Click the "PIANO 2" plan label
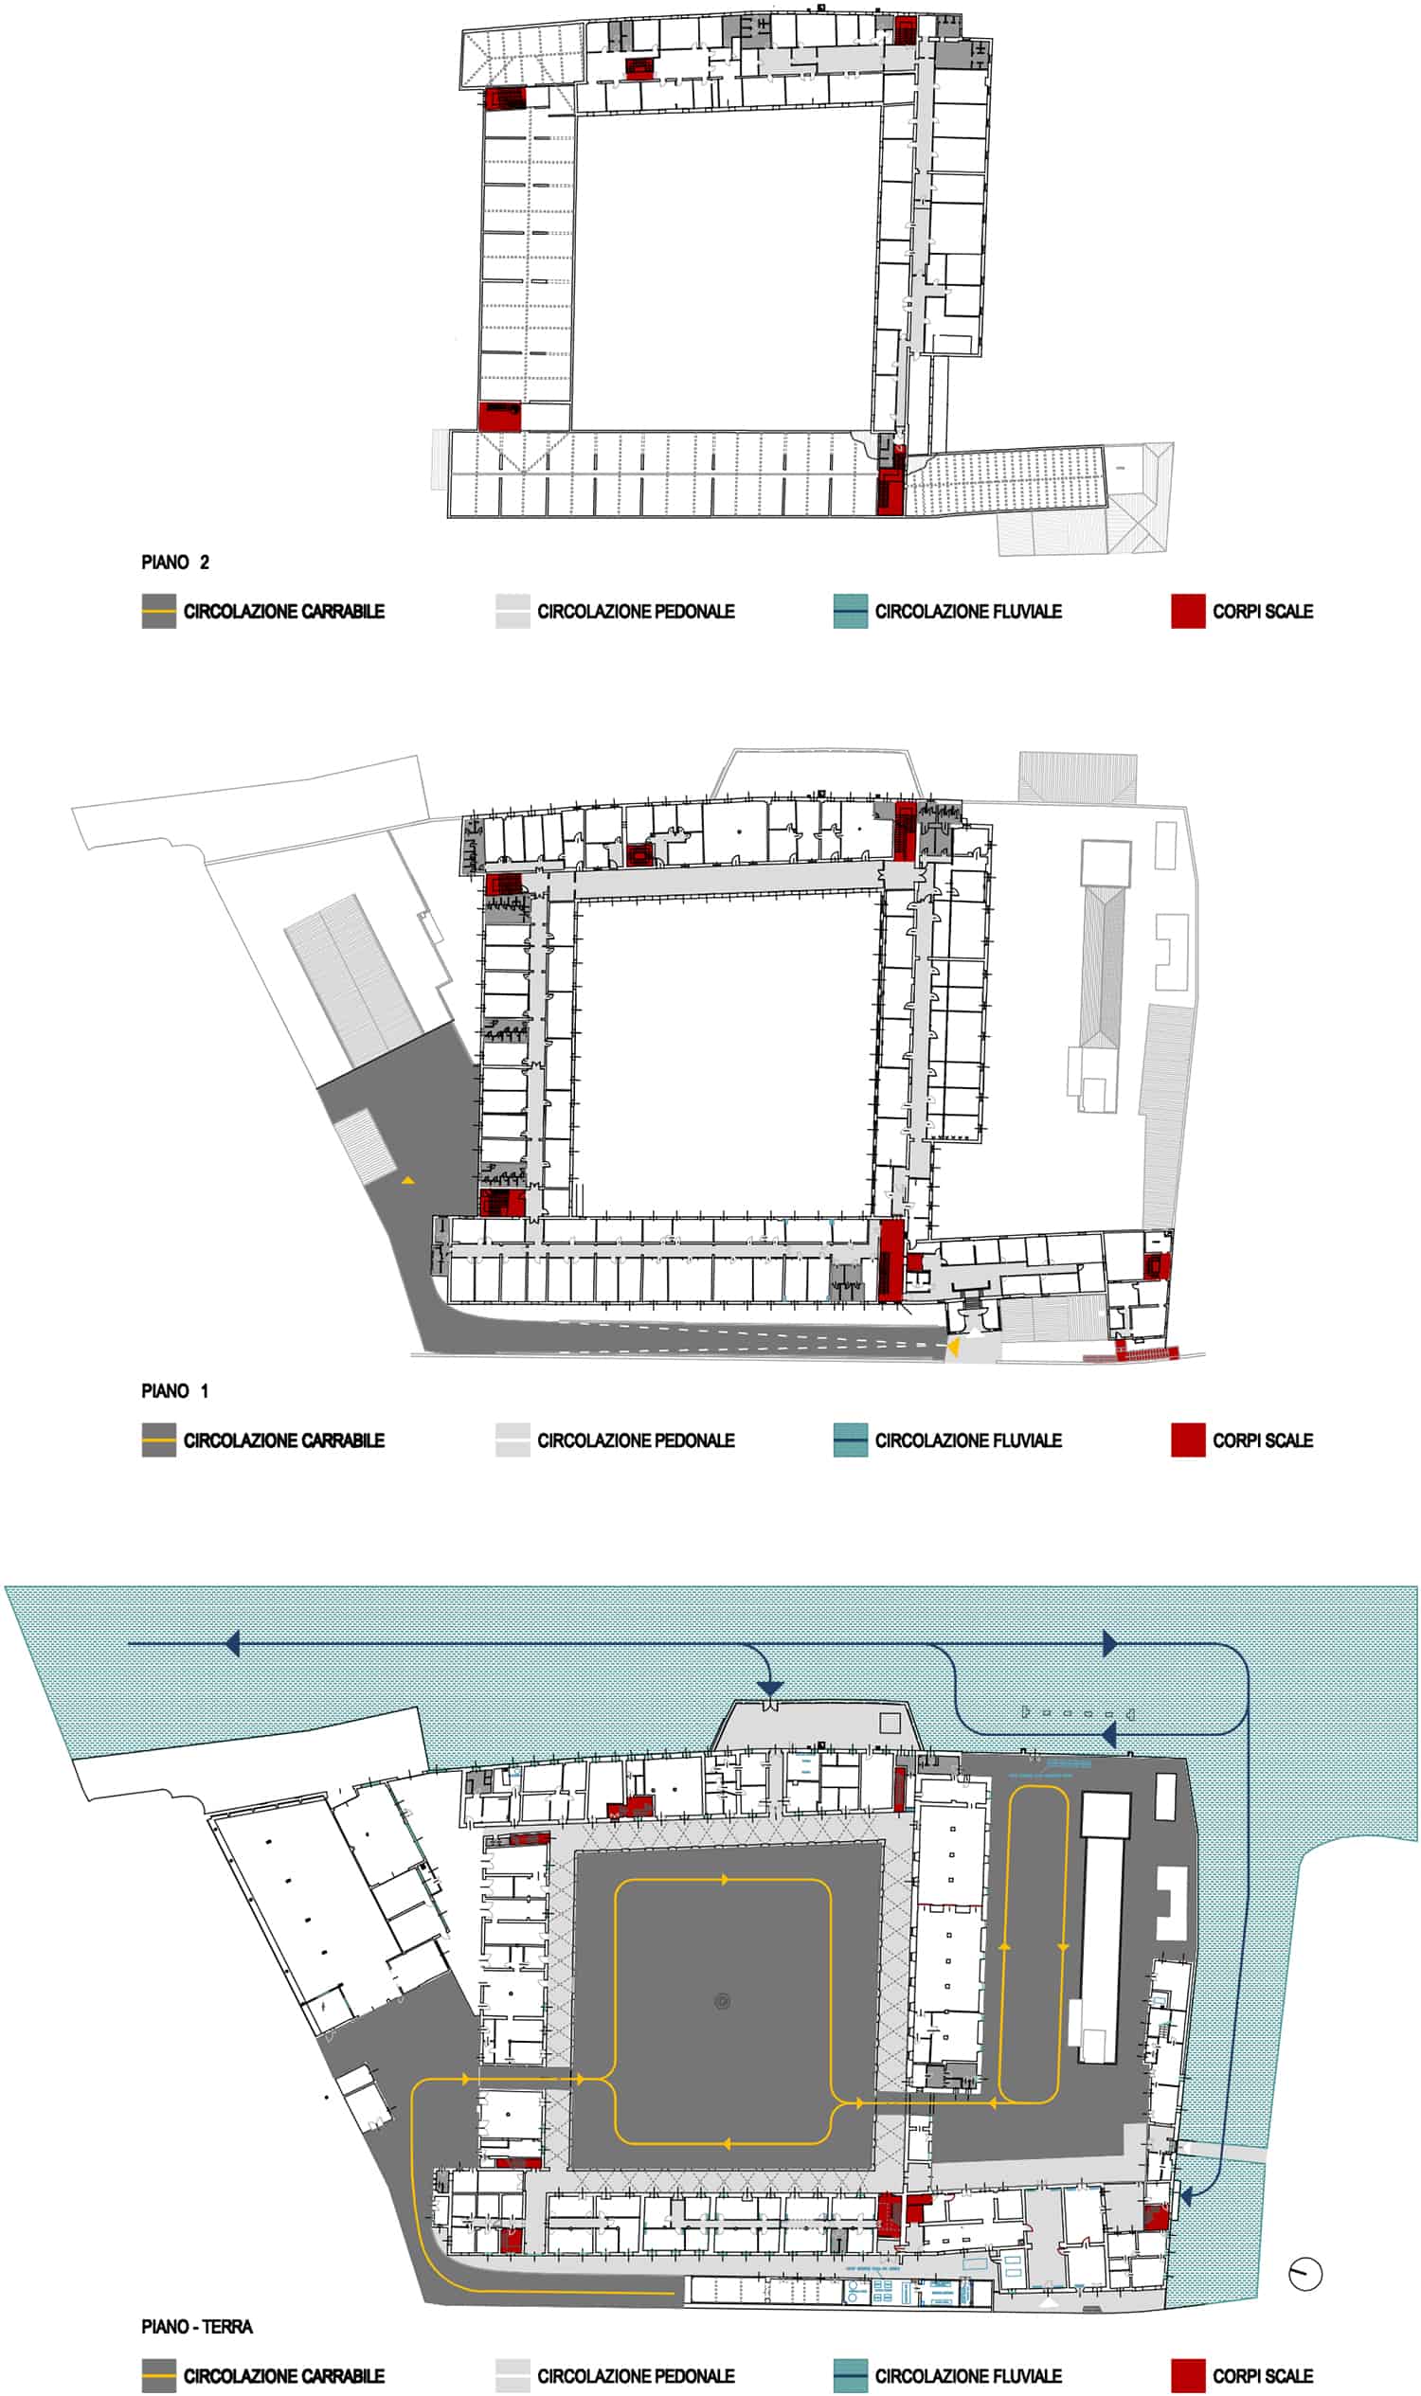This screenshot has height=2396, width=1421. point(175,562)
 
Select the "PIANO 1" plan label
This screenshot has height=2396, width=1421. point(175,1391)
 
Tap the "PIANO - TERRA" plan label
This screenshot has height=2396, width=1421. point(197,2327)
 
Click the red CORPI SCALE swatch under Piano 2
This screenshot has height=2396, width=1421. point(1187,611)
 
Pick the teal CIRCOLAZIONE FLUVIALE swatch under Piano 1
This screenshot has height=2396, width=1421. point(851,1440)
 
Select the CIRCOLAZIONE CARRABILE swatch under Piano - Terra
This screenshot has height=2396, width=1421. point(159,2377)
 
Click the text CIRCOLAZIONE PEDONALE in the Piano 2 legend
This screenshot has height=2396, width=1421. point(635,611)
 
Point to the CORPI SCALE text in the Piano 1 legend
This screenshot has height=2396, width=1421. point(1262,1440)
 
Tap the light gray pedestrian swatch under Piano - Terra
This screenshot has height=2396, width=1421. point(513,2377)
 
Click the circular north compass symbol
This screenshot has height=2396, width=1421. point(1305,2275)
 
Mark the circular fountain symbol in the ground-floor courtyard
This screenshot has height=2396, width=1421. point(722,2001)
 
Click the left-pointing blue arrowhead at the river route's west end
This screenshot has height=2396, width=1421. point(232,1644)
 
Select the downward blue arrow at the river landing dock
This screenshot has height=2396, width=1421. point(770,1689)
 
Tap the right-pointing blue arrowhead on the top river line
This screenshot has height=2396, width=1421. point(1109,1644)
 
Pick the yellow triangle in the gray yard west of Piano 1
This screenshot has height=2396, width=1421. point(408,1181)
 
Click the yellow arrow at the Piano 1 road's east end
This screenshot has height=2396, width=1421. point(953,1346)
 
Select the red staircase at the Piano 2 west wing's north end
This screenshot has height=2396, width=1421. point(505,98)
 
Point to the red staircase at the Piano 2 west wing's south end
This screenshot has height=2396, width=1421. point(500,418)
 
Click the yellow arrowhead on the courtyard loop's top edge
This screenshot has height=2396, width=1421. point(725,1880)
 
